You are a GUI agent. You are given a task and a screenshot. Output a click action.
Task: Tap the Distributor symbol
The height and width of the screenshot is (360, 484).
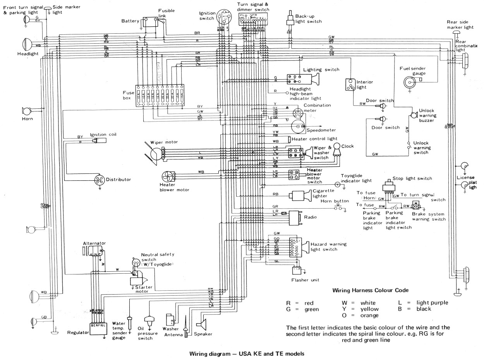coord(100,180)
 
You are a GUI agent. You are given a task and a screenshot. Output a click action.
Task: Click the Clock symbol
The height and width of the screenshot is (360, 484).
coord(336,147)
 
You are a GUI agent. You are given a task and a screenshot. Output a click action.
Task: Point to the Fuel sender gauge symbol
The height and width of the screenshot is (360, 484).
coord(409,81)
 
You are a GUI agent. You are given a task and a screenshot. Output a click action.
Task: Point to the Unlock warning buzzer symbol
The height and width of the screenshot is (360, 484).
coord(413,115)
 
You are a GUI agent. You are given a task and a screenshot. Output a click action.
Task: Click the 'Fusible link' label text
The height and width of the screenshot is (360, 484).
coord(167,13)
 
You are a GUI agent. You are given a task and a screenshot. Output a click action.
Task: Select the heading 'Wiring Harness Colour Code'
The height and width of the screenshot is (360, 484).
coord(371,290)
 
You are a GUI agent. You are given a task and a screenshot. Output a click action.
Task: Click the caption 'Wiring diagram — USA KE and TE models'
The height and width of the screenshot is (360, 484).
coord(247,353)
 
